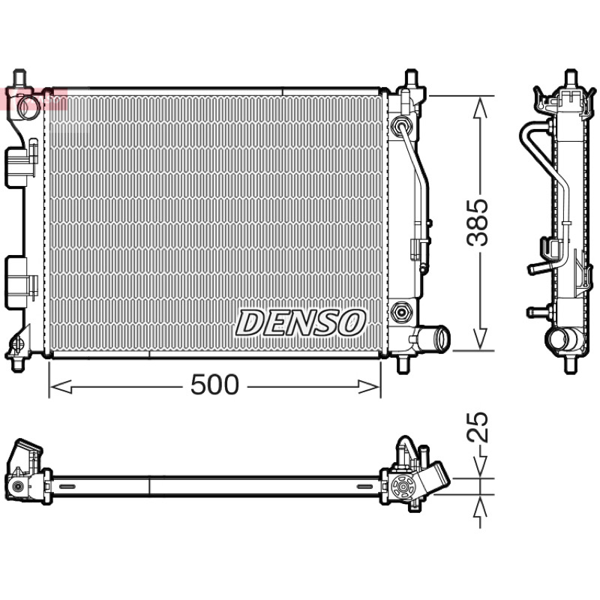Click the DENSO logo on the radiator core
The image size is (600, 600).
click(x=301, y=323)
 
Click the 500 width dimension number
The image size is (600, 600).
click(x=214, y=385)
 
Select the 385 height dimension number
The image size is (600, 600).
click(x=478, y=222)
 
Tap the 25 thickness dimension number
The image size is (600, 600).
click(x=478, y=427)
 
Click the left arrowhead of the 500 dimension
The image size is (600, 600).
click(x=61, y=386)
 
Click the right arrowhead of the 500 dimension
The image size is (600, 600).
click(x=368, y=386)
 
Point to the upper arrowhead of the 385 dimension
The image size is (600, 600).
click(x=480, y=107)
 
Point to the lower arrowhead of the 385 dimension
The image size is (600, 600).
click(x=480, y=338)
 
